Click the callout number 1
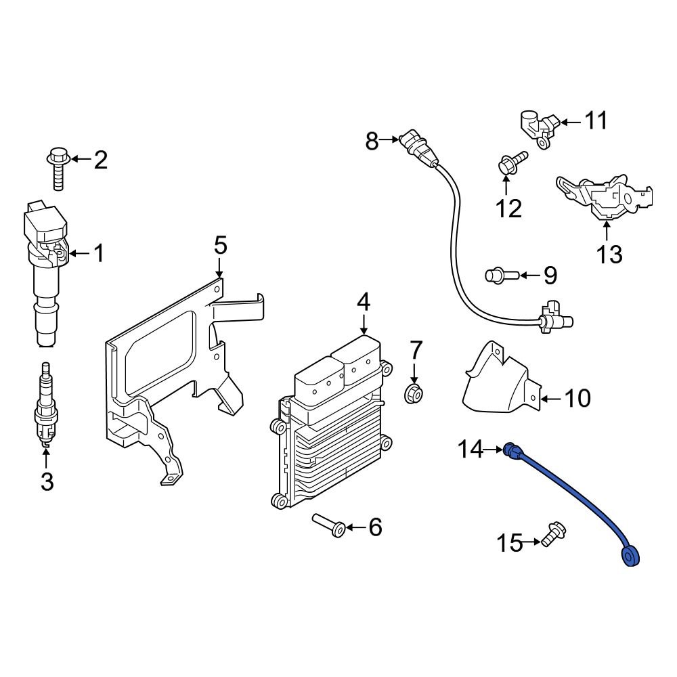click(99, 254)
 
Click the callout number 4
click(364, 302)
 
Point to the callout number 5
click(220, 245)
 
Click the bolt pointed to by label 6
click(329, 525)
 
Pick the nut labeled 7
click(414, 393)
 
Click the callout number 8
click(372, 141)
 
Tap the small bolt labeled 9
click(500, 275)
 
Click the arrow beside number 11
click(570, 122)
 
